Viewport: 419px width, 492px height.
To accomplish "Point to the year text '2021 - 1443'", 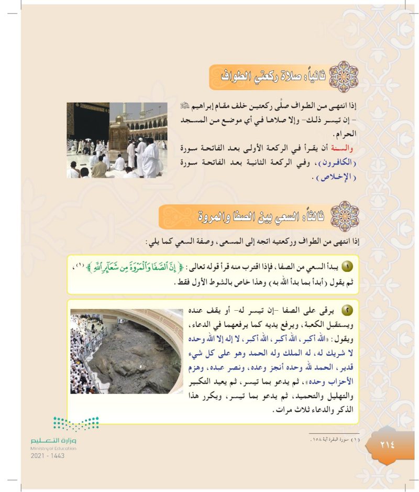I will (47, 455).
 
